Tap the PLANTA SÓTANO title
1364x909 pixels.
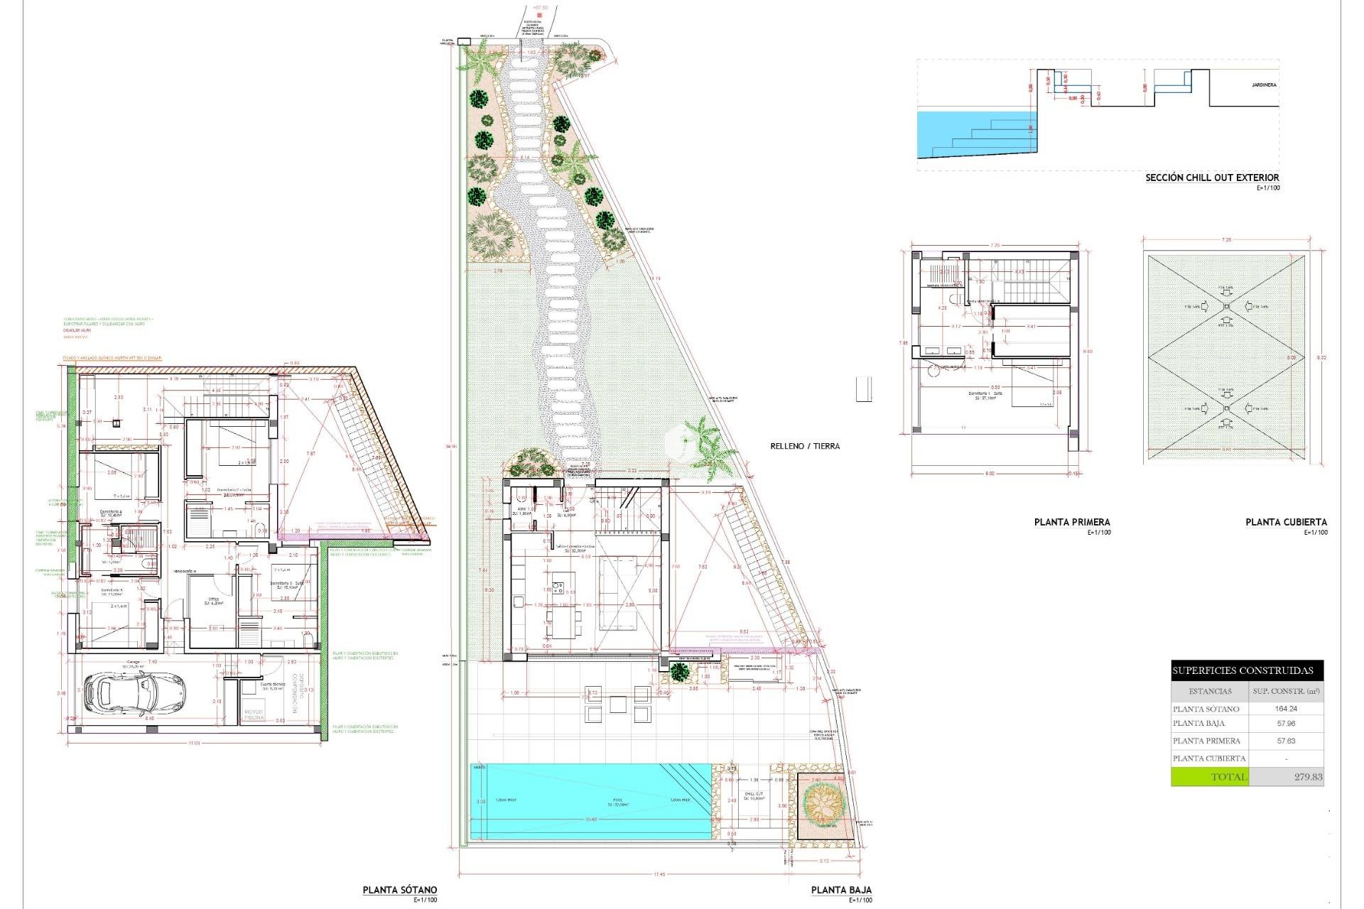[x=400, y=890]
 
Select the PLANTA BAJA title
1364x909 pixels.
[x=841, y=890]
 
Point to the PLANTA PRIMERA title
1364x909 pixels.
[x=1072, y=522]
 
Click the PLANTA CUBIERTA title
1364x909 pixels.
[x=1286, y=522]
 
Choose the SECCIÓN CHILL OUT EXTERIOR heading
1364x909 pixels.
[x=1212, y=178]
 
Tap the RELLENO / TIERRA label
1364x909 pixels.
[x=805, y=446]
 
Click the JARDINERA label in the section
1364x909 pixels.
[x=1264, y=85]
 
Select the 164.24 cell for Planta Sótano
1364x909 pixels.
[x=1286, y=709]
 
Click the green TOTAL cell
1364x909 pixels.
[x=1209, y=777]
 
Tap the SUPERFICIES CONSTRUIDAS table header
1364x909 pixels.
[x=1243, y=670]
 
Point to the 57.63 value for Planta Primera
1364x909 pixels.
[x=1286, y=741]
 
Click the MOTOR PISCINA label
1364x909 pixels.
[x=254, y=714]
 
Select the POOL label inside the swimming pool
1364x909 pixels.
[x=618, y=801]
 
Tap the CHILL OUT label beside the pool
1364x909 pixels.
[x=754, y=795]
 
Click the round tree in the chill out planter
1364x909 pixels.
[x=823, y=803]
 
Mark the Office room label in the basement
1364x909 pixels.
[x=214, y=601]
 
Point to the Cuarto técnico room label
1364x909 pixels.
[x=273, y=686]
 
